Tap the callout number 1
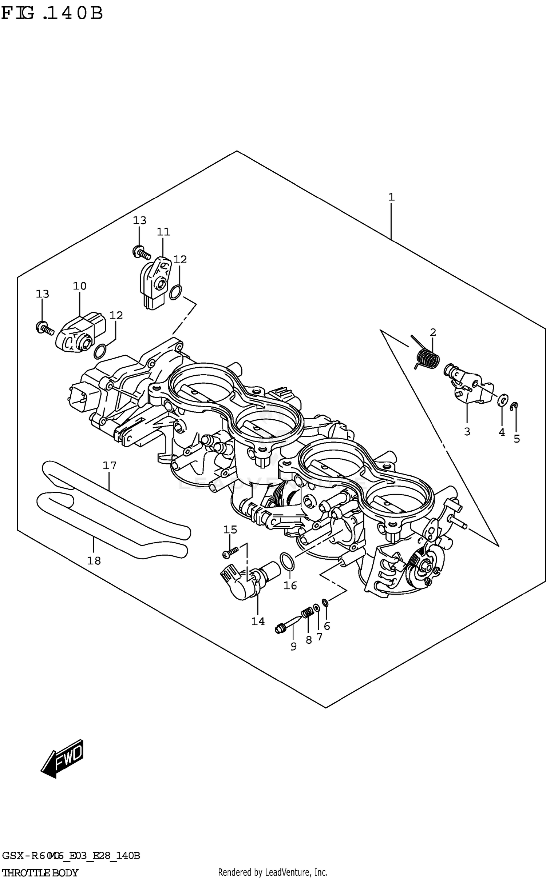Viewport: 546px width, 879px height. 391,197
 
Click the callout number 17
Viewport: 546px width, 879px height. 109,466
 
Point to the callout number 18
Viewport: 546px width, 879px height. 94,560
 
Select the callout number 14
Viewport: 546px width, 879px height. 258,622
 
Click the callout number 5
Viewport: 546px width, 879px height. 517,439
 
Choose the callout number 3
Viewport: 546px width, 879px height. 467,432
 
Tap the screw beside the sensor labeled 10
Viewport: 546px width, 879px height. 44,328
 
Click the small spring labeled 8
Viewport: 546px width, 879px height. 307,613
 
